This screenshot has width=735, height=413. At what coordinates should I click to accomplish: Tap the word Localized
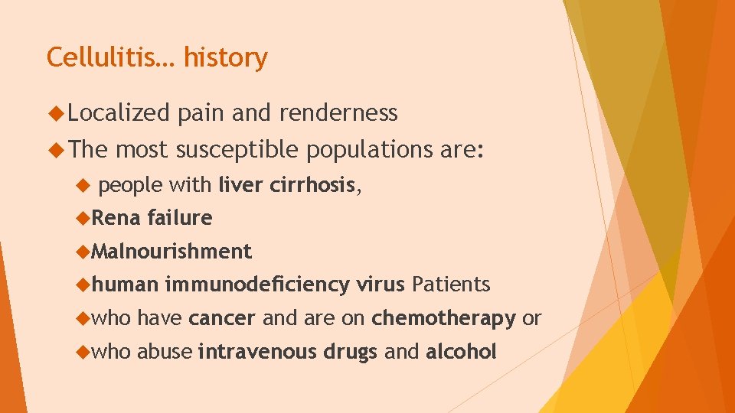coord(118,113)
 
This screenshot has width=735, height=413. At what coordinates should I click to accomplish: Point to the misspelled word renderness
coord(338,113)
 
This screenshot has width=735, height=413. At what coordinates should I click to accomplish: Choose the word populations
coord(369,151)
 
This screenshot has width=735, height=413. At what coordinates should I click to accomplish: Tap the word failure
coord(179,218)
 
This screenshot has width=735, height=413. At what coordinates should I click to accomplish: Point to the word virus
coord(380,285)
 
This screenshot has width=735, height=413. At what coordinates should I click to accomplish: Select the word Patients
coord(450,285)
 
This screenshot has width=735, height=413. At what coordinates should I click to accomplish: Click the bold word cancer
coord(221,318)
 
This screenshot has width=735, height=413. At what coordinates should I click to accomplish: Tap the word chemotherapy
coord(443,318)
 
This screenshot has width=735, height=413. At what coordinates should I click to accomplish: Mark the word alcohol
coord(461,352)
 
